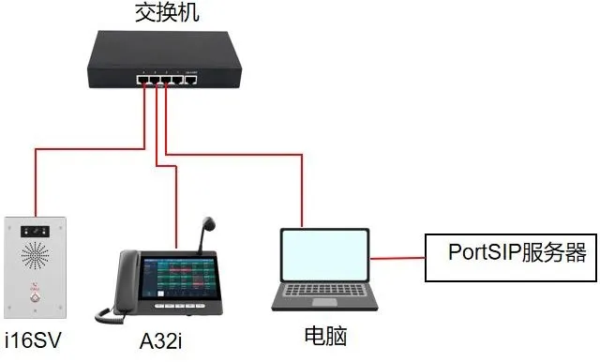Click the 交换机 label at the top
click(x=167, y=12)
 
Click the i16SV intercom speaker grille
click(x=36, y=258)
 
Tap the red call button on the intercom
click(x=35, y=299)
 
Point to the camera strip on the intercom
click(x=36, y=229)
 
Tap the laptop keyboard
click(x=324, y=297)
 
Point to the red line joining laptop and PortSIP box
click(x=397, y=255)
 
